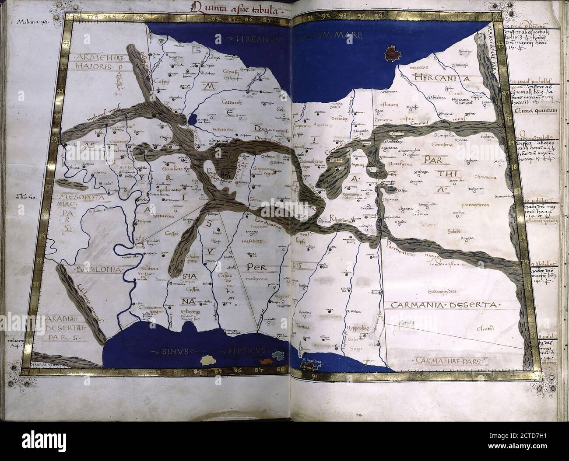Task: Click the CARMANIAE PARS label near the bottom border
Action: [442, 361]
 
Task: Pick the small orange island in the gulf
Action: [267, 361]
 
